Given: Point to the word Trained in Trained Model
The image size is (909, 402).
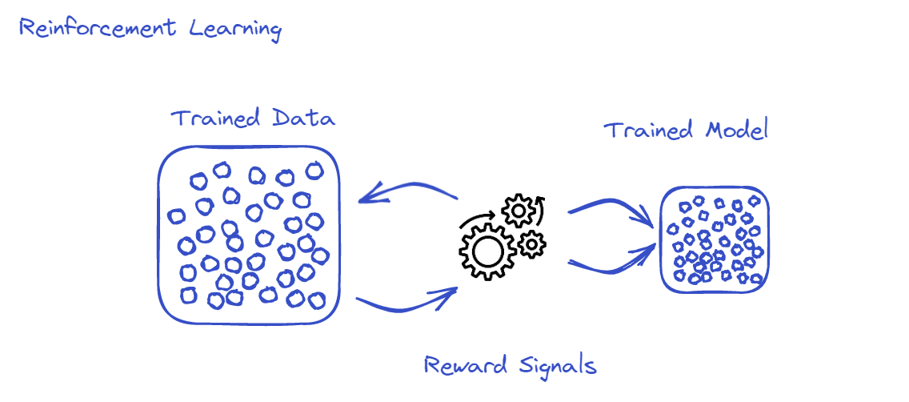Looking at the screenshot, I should (x=647, y=129).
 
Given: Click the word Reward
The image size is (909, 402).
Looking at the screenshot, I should (x=464, y=366).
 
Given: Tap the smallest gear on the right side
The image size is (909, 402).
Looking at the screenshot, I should (x=531, y=243).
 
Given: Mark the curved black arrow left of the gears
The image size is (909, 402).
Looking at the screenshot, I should (x=479, y=219).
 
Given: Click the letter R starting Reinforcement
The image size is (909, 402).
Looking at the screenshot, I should (x=26, y=30).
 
